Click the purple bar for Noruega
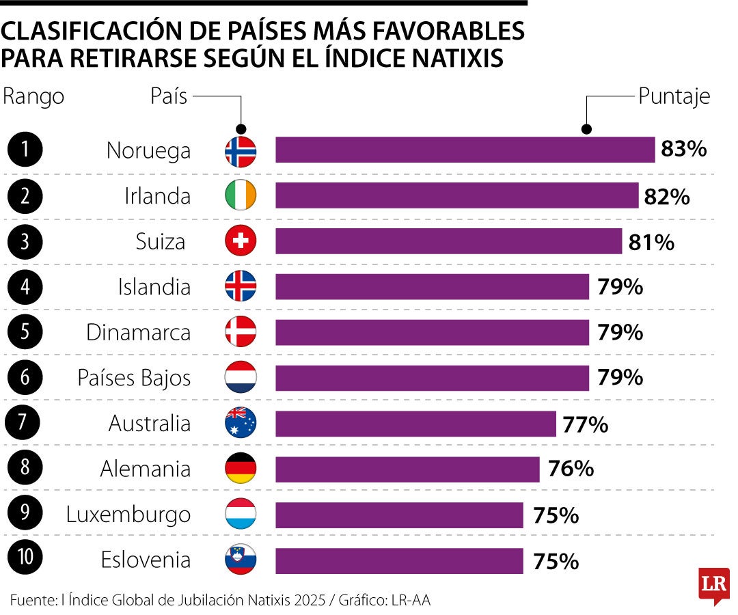(465, 150)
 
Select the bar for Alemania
(407, 469)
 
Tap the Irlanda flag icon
(241, 196)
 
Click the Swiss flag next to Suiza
(241, 241)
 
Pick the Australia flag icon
(241, 423)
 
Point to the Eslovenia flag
(241, 560)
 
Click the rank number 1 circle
(25, 150)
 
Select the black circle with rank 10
(25, 560)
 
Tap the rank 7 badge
(25, 423)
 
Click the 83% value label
(683, 150)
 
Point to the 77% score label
(586, 425)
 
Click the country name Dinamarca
(138, 333)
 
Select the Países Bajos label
(133, 378)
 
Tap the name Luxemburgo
(128, 515)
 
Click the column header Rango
(33, 96)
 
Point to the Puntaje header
(674, 96)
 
